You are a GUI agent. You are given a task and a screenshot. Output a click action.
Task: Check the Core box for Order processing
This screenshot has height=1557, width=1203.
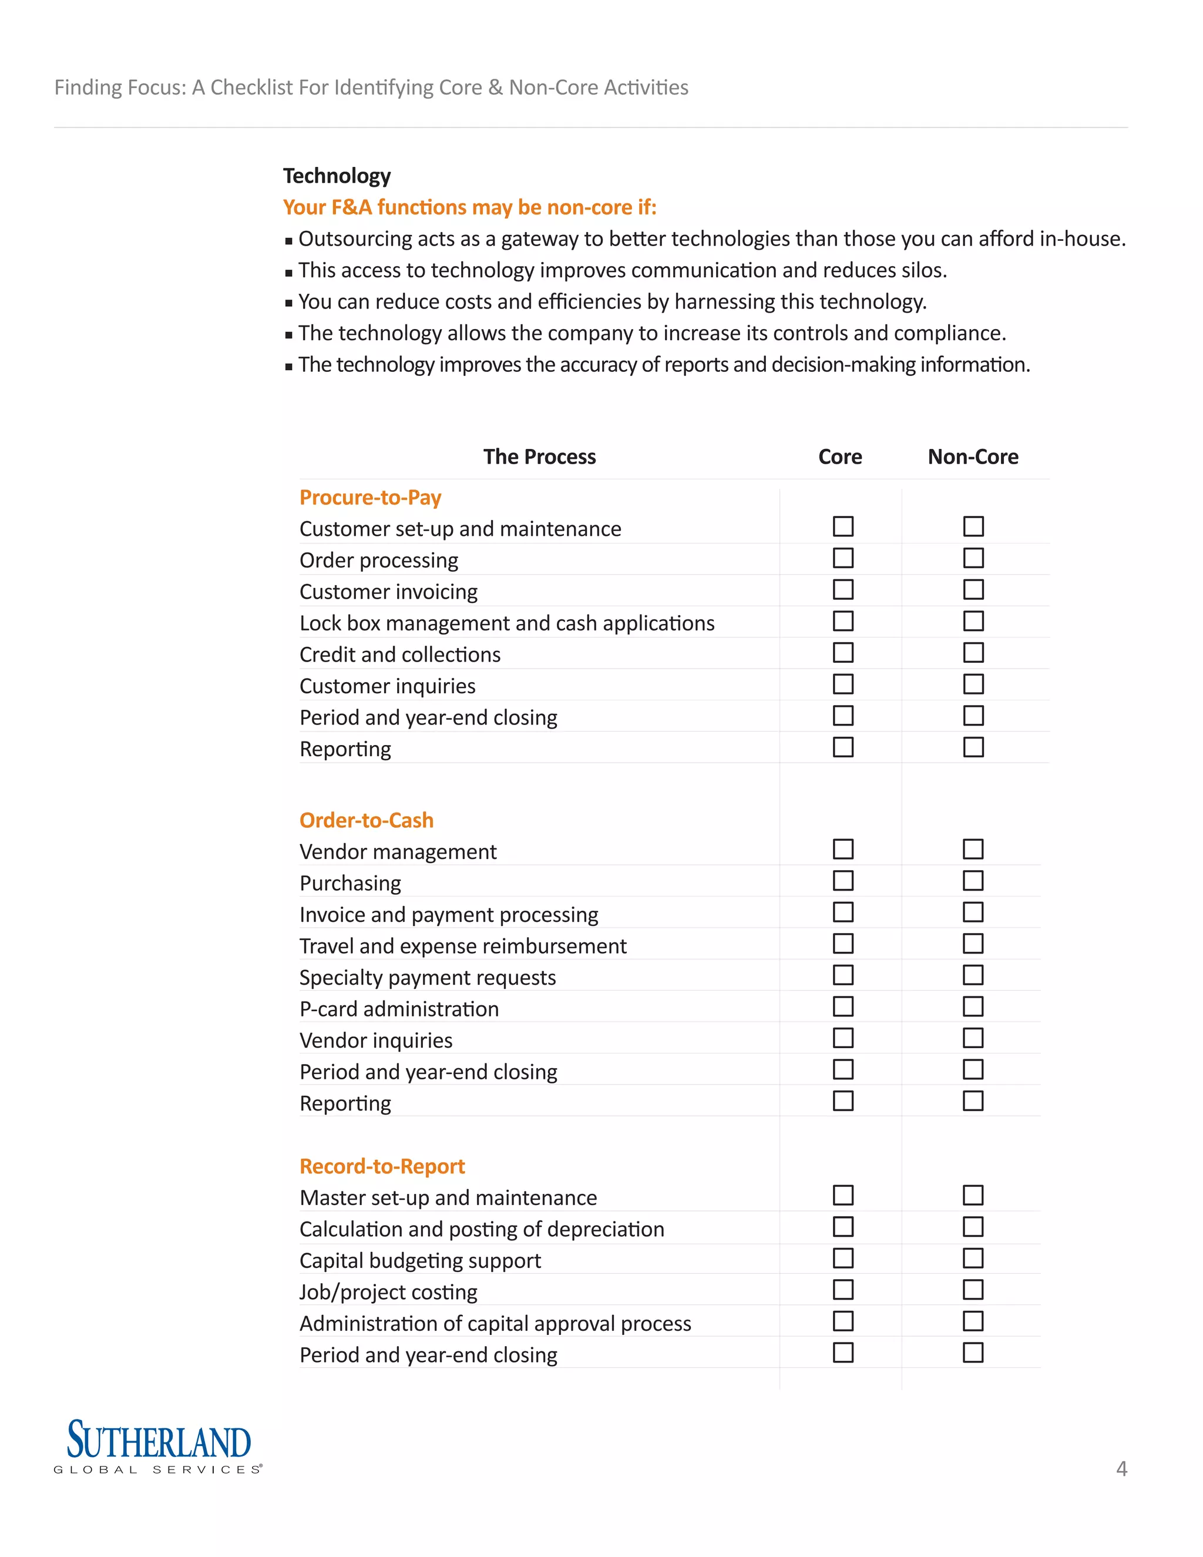pyautogui.click(x=843, y=558)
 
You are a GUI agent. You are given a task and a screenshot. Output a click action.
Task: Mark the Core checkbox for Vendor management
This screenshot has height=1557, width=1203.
pyautogui.click(x=843, y=849)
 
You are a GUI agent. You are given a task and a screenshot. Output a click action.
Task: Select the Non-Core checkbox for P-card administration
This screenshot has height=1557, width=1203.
pyautogui.click(x=973, y=1006)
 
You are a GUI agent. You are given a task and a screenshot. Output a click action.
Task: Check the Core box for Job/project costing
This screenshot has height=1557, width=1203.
pyautogui.click(x=843, y=1290)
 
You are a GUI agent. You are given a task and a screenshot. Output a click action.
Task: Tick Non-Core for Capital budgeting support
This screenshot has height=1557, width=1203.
pyautogui.click(x=973, y=1259)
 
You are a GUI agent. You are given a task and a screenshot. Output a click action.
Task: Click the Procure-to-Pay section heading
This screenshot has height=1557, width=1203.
pyautogui.click(x=370, y=498)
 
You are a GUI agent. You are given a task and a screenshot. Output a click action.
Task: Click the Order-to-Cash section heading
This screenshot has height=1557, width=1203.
pyautogui.click(x=367, y=821)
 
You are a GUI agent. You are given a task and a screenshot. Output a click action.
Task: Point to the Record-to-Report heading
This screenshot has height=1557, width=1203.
pyautogui.click(x=382, y=1166)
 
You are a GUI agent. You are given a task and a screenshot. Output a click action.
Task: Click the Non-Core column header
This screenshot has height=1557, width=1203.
pyautogui.click(x=973, y=457)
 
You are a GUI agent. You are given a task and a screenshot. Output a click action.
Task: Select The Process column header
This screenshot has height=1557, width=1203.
pyautogui.click(x=539, y=457)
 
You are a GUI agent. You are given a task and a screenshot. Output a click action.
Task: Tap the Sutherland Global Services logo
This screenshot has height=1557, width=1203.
pyautogui.click(x=158, y=1446)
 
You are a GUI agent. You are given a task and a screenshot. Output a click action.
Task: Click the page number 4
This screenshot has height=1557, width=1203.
pyautogui.click(x=1121, y=1469)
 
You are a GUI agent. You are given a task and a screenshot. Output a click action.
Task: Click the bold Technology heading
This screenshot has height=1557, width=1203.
pyautogui.click(x=337, y=176)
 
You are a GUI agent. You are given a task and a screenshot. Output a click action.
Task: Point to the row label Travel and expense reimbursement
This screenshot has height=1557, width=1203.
pyautogui.click(x=462, y=946)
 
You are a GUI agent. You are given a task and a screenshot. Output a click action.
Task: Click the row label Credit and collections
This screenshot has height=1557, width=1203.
pyautogui.click(x=400, y=655)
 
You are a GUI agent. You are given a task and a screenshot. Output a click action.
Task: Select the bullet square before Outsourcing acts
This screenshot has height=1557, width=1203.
pyautogui.click(x=288, y=241)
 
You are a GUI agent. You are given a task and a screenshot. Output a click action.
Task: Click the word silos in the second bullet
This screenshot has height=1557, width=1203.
pyautogui.click(x=922, y=270)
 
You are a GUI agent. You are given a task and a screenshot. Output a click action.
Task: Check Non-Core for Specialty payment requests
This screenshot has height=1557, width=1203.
pyautogui.click(x=973, y=975)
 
